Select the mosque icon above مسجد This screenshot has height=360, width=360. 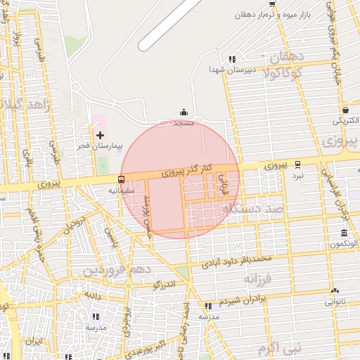point(184,111)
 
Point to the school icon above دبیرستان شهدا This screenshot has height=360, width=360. point(232,59)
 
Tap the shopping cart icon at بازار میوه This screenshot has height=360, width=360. point(272,4)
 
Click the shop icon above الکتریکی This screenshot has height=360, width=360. point(346,110)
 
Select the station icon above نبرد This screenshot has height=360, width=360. point(298,163)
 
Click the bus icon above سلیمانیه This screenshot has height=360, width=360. point(122,179)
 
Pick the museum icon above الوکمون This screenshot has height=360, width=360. point(344,233)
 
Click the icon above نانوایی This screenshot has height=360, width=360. point(335,290)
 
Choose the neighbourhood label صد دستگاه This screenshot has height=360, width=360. point(252,208)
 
